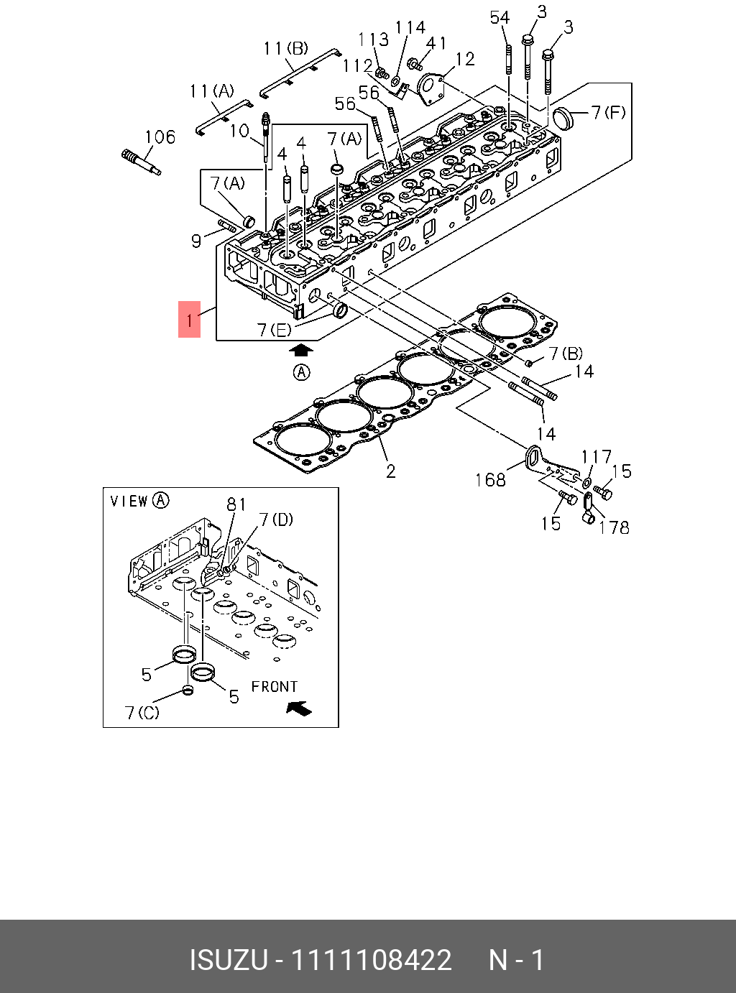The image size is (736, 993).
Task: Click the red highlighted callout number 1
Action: point(189,320)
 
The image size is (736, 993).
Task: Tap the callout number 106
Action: point(160,137)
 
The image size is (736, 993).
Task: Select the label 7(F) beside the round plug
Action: point(608,112)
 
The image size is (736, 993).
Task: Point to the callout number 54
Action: point(500,18)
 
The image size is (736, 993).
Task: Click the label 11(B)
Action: point(285,48)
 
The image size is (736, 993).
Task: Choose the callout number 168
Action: point(490,479)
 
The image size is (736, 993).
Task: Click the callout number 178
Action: point(614,527)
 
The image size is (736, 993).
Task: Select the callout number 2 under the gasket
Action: point(390,471)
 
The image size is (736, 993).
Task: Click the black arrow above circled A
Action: point(302,350)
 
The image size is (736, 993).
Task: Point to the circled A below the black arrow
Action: point(302,372)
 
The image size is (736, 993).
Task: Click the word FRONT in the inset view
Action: point(274,687)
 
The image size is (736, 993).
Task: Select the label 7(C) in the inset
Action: point(142,713)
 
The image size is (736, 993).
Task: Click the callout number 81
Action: point(236,504)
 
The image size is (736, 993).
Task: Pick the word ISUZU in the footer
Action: point(229,960)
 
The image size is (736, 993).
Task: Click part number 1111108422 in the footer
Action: point(370,960)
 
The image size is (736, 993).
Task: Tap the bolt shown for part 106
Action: point(141,160)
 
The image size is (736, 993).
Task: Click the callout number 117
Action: point(596,457)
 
